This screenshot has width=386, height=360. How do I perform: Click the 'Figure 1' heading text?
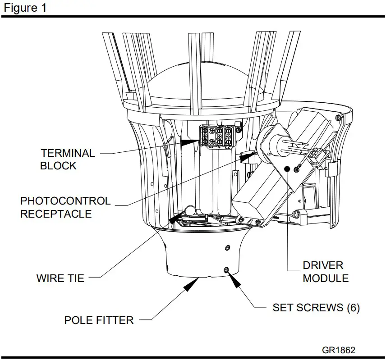point(25,8)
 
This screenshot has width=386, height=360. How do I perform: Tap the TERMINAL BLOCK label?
point(68,159)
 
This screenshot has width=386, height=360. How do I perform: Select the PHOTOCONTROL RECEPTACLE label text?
point(65,207)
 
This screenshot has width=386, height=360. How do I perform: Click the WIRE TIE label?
point(60,278)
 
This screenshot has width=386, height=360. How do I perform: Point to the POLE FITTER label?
point(99,320)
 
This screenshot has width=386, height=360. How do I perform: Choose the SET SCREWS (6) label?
point(316,308)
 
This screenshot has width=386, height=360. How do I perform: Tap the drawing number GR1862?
point(338,350)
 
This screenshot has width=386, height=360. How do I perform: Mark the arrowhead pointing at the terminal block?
point(192,141)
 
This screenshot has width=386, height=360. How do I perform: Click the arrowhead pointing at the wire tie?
point(176,218)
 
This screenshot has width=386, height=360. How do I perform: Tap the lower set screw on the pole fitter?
point(226,269)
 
